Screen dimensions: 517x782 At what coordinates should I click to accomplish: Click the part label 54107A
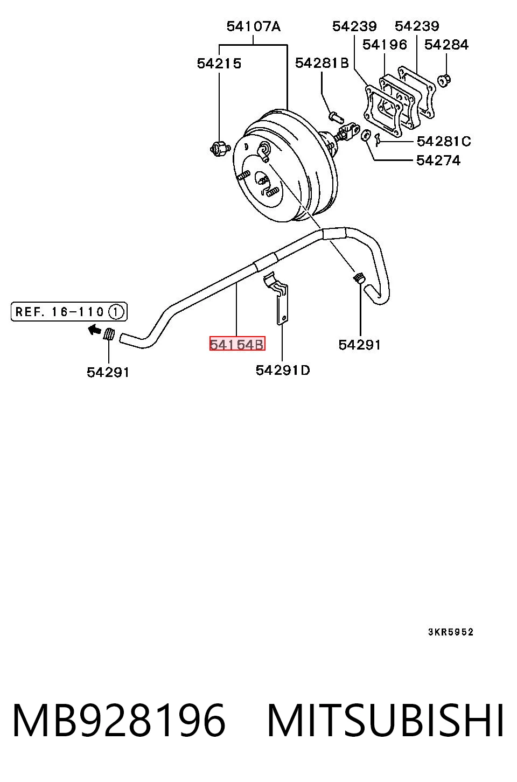[x=254, y=26]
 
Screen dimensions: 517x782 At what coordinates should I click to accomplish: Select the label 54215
[x=219, y=64]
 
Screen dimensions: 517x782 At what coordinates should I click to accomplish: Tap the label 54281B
[x=322, y=63]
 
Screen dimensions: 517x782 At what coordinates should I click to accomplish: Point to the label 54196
[x=385, y=45]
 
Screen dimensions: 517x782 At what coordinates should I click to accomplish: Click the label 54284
[x=446, y=45]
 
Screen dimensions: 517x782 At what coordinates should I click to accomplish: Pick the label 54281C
[x=444, y=142]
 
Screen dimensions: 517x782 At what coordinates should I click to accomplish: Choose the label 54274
[x=438, y=160]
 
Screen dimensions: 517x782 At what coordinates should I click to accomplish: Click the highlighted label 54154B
[x=237, y=344]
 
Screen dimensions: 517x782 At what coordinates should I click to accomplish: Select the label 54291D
[x=282, y=370]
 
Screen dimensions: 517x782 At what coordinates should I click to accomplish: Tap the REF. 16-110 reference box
[x=69, y=311]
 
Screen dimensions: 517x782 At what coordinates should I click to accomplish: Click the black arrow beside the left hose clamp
[x=94, y=330]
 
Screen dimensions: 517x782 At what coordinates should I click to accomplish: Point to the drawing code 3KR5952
[x=451, y=632]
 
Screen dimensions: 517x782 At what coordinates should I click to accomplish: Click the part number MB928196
[x=118, y=721]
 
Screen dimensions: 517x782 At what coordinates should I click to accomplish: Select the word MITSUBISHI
[x=385, y=721]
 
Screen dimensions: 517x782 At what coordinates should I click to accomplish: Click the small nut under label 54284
[x=444, y=81]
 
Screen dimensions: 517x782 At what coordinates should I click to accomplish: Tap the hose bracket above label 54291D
[x=277, y=299]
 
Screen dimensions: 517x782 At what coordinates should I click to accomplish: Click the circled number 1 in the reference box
[x=116, y=311]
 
